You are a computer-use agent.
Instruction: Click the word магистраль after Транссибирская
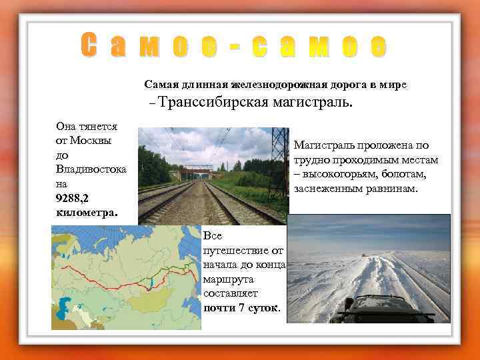(x=313, y=103)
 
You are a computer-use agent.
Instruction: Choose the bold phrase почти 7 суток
(x=242, y=307)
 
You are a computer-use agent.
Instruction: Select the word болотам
(x=407, y=174)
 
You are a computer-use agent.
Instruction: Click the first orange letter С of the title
(x=91, y=45)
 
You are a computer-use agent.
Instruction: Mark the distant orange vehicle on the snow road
(x=363, y=254)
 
